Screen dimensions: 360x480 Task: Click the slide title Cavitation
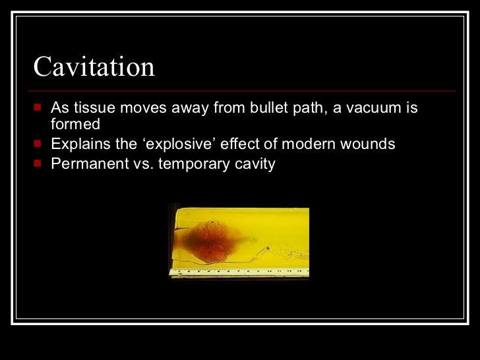coord(94,67)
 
